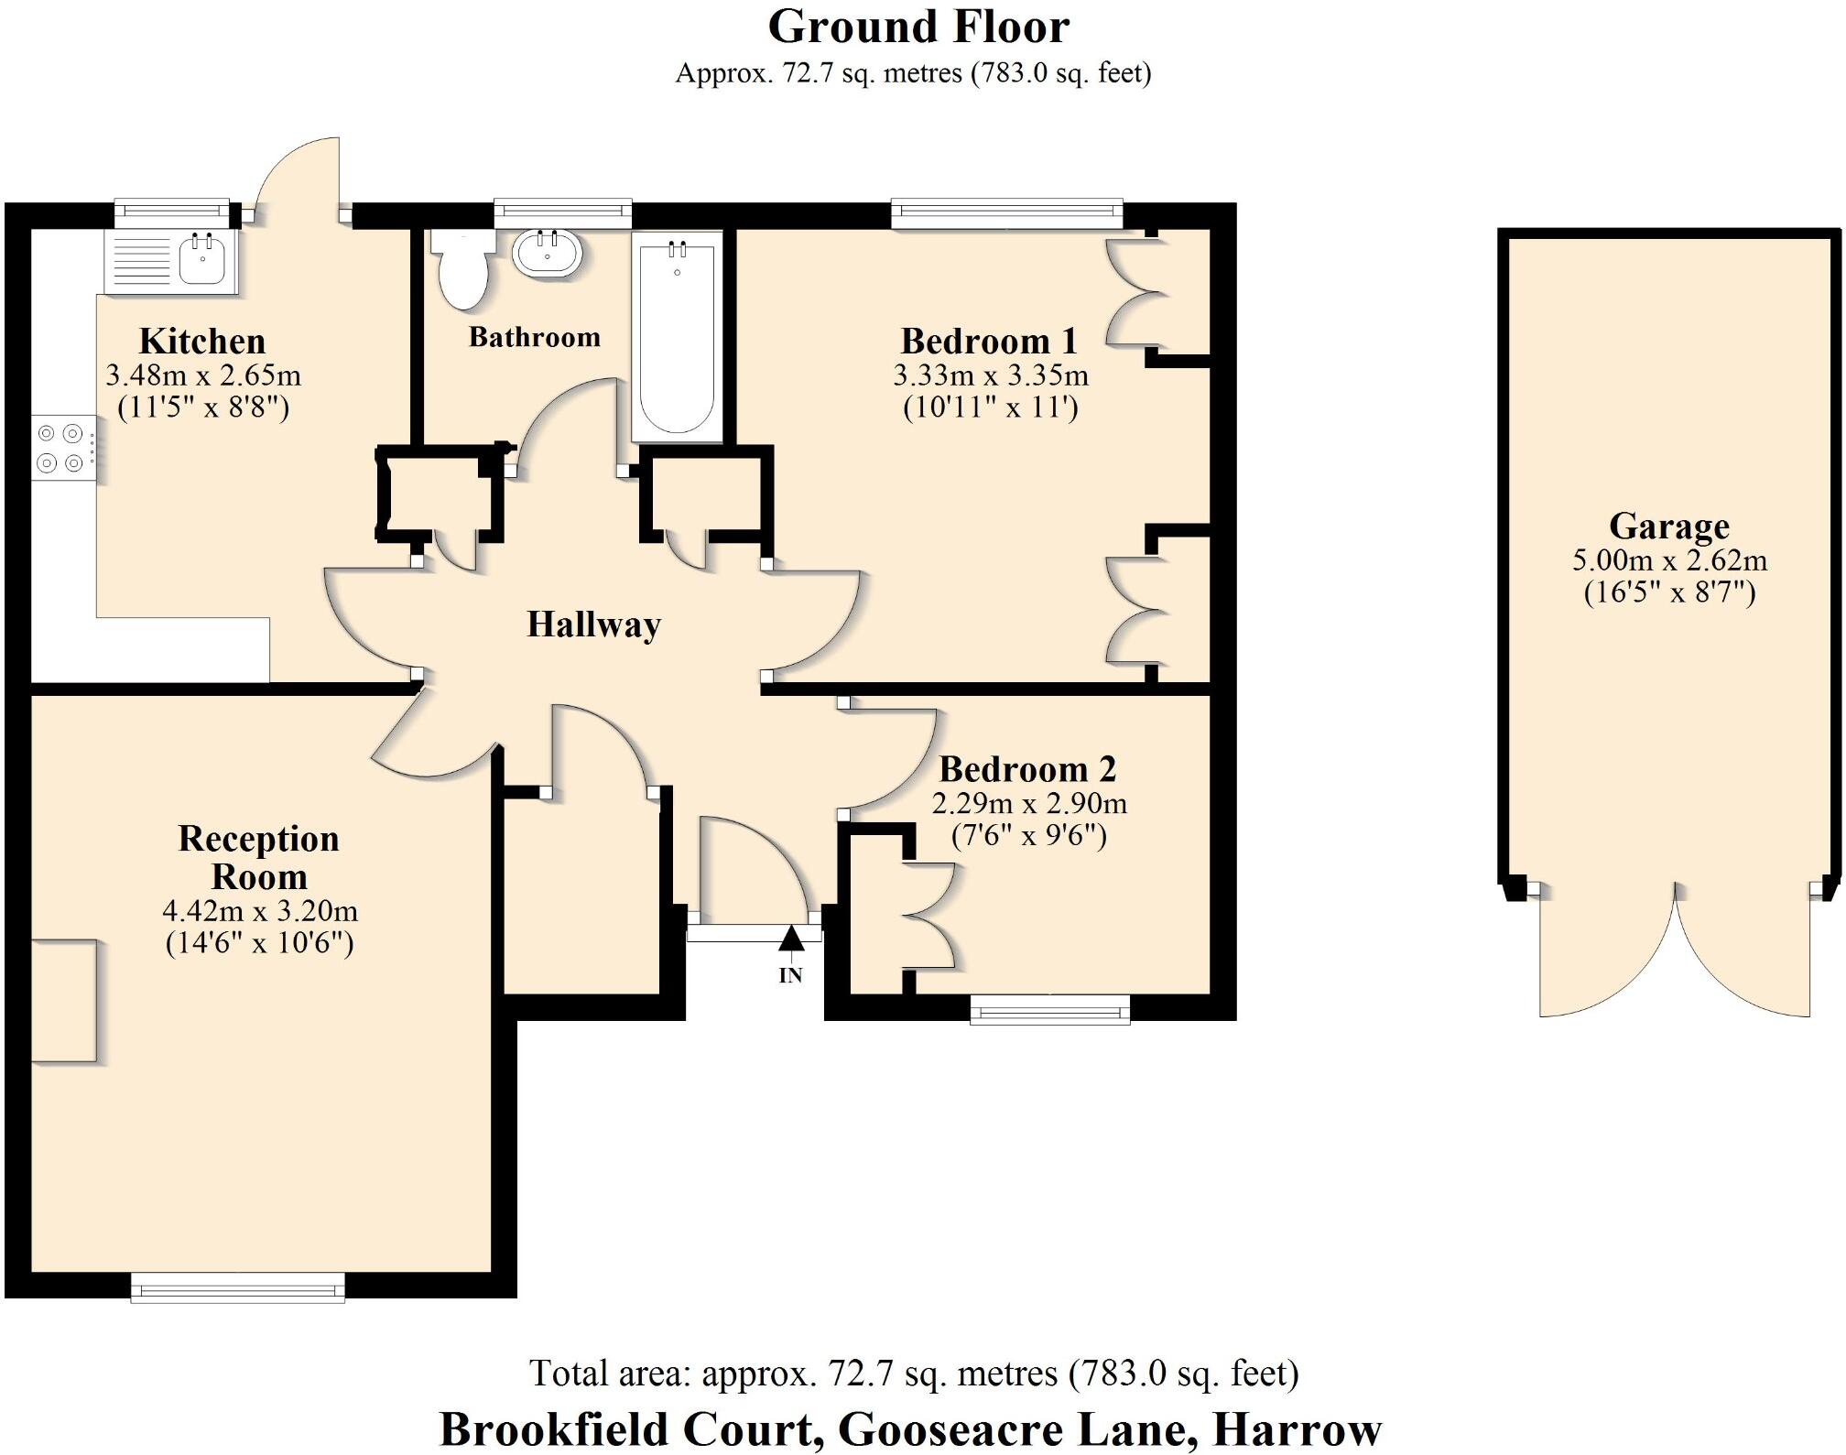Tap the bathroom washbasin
[x=548, y=254]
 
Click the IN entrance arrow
[x=791, y=939]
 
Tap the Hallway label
[x=593, y=624]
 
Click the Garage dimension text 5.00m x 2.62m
[x=1669, y=559]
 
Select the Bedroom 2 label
[x=1027, y=769]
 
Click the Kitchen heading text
[x=202, y=341]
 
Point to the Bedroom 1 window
[x=1006, y=214]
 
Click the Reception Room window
[x=238, y=1288]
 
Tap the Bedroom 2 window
[x=1049, y=1010]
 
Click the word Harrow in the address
[x=1297, y=1428]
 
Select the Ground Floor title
[x=918, y=27]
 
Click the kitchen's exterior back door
[x=298, y=174]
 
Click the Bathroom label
[x=535, y=337]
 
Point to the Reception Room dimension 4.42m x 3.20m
[x=260, y=911]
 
